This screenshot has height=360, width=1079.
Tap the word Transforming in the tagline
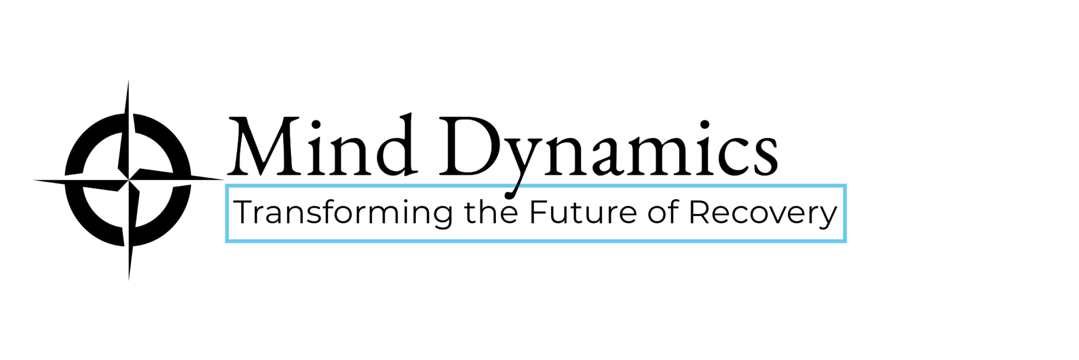point(343,213)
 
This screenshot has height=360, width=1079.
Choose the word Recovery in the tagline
point(763,213)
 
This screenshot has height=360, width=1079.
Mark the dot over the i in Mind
point(317,125)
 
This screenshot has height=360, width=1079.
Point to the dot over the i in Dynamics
point(704,125)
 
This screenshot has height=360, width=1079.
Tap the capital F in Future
point(538,212)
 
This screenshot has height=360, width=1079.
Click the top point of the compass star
point(128,80)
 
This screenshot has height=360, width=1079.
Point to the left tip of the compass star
point(34,181)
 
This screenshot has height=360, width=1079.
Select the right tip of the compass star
point(224,179)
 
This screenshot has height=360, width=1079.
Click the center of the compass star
point(129,180)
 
